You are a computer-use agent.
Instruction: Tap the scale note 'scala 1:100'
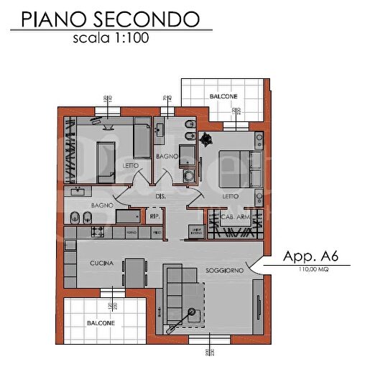110,39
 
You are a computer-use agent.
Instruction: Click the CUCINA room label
101,264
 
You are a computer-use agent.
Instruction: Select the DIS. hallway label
162,196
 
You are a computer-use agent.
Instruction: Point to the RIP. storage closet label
153,215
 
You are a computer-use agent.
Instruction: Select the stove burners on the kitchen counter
97,233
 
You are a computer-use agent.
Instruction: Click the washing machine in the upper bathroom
188,174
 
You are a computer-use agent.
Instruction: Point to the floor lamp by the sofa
193,310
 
